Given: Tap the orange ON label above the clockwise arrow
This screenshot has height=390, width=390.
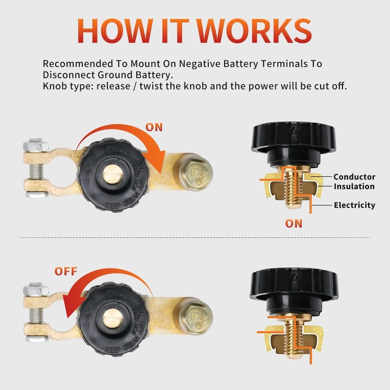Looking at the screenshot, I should pos(154,127).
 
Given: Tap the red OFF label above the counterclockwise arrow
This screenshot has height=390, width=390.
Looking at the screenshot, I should pos(66,271).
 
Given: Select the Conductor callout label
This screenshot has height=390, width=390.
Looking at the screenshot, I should pos(354,177).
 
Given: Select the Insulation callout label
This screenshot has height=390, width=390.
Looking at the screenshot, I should pos(354,186).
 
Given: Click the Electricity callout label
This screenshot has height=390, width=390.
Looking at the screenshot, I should pos(354,205).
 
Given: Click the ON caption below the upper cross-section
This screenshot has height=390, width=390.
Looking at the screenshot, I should pos(293,223).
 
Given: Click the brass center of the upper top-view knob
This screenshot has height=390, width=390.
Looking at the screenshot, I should pos(113,174).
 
